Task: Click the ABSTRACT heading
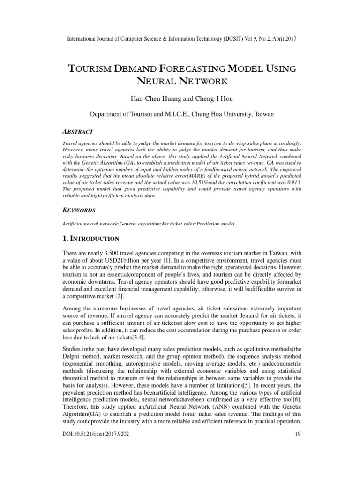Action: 77,132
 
